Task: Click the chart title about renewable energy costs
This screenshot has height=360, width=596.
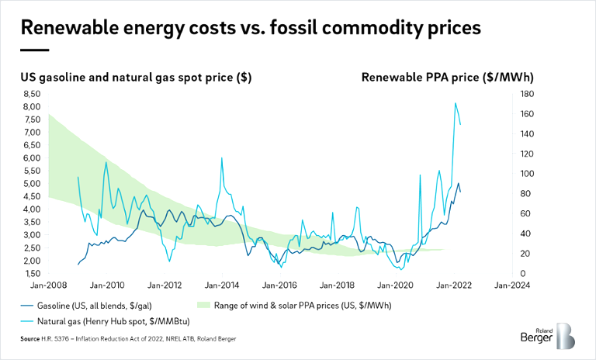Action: pos(249,28)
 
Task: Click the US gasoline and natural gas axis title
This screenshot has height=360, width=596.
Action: pos(135,78)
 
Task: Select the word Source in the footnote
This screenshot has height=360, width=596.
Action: pos(31,340)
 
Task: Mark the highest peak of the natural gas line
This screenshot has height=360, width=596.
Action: pos(456,103)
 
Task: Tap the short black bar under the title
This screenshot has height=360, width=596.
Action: pos(34,49)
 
